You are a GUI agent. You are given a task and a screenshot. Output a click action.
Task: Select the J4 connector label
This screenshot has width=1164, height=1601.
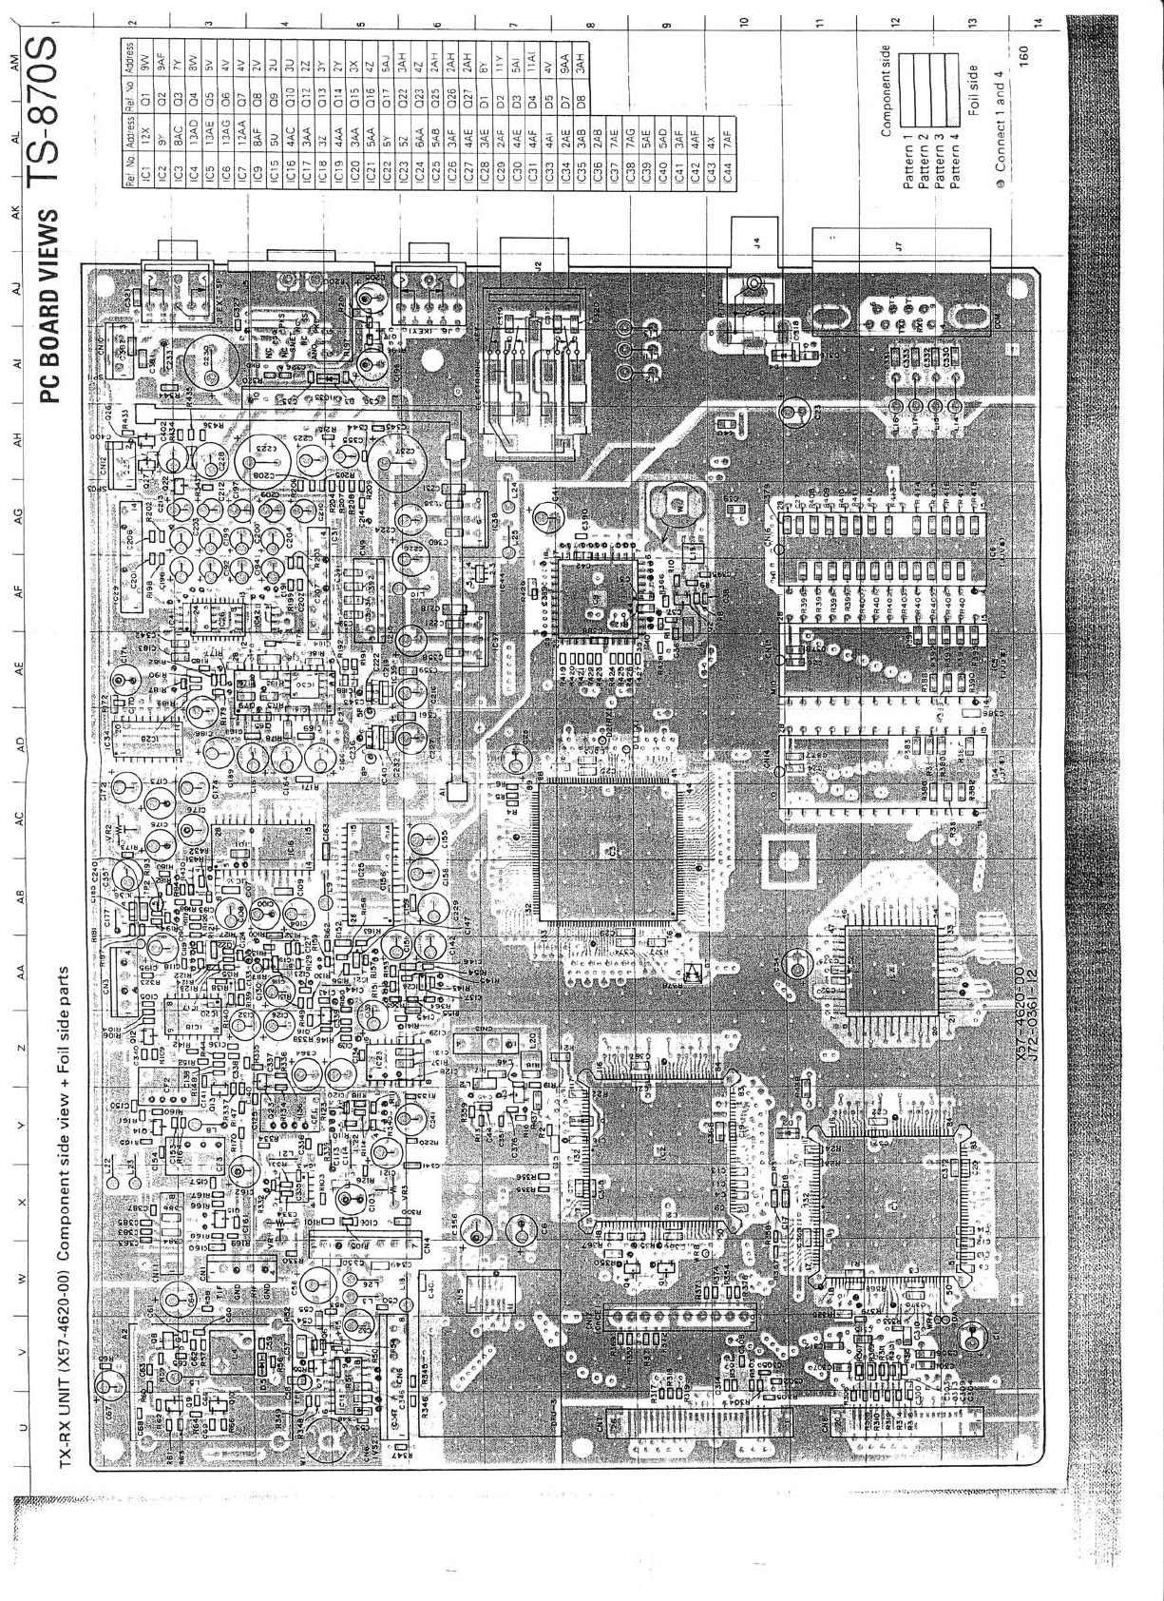pyautogui.click(x=755, y=241)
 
